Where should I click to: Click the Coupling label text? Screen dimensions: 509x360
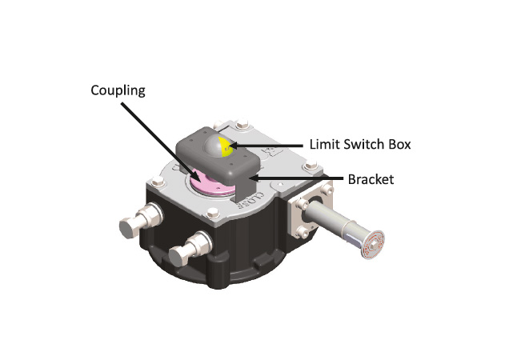pyautogui.click(x=118, y=90)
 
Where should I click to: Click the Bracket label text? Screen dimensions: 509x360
pyautogui.click(x=371, y=179)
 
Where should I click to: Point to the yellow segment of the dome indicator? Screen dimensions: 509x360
pyautogui.click(x=225, y=147)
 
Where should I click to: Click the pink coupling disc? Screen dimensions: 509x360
pyautogui.click(x=210, y=184)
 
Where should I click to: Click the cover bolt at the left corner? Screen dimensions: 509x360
pyautogui.click(x=157, y=181)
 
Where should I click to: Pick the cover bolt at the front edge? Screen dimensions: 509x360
pyautogui.click(x=212, y=213)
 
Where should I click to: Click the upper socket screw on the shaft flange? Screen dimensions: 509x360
pyautogui.click(x=303, y=204)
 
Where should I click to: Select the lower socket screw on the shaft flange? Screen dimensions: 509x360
pyautogui.click(x=303, y=231)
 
